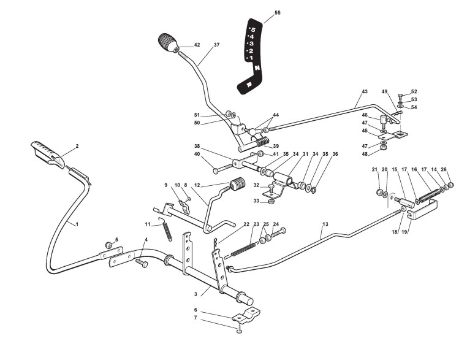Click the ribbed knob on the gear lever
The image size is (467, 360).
click(x=168, y=43)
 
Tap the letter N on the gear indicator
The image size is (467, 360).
click(x=257, y=68)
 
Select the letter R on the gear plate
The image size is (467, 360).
click(x=249, y=85)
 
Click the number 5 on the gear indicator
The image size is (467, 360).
click(x=253, y=29)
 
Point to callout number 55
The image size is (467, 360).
click(x=278, y=13)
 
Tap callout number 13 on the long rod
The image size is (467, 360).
click(x=325, y=224)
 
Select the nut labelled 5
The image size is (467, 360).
click(x=108, y=245)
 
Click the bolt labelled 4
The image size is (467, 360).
click(x=142, y=263)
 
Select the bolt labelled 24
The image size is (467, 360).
click(x=278, y=232)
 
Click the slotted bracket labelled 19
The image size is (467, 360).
click(x=422, y=210)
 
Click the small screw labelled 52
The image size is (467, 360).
click(x=401, y=96)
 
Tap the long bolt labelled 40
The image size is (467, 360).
click(x=223, y=169)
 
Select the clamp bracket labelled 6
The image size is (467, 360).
click(x=246, y=316)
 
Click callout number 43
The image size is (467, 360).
click(x=365, y=91)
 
